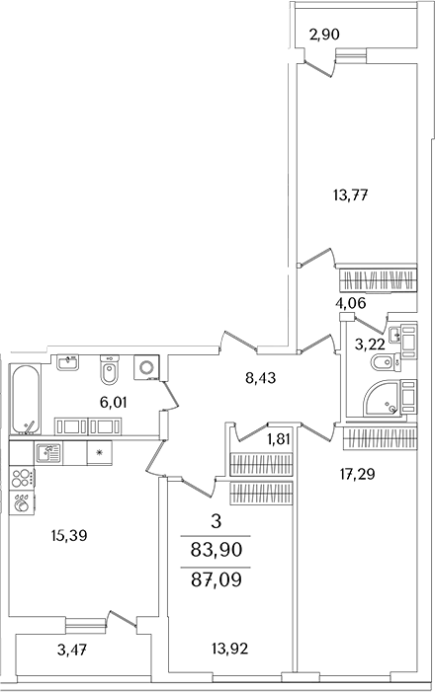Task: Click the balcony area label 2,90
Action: [x=325, y=35]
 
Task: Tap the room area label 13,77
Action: [x=351, y=194]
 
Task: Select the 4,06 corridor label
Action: [x=351, y=303]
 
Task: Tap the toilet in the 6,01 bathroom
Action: [x=110, y=371]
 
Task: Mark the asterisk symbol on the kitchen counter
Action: [x=100, y=453]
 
